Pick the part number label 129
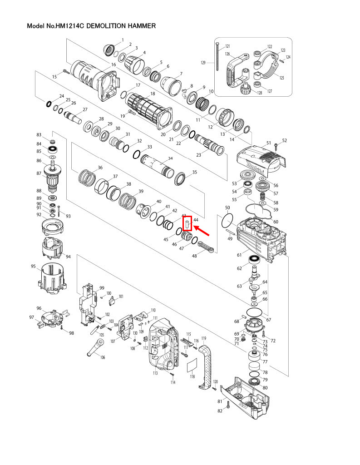(204, 63)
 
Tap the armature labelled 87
(54, 174)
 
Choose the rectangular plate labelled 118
(192, 365)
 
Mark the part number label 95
(33, 267)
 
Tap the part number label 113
(155, 373)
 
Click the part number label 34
(170, 158)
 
